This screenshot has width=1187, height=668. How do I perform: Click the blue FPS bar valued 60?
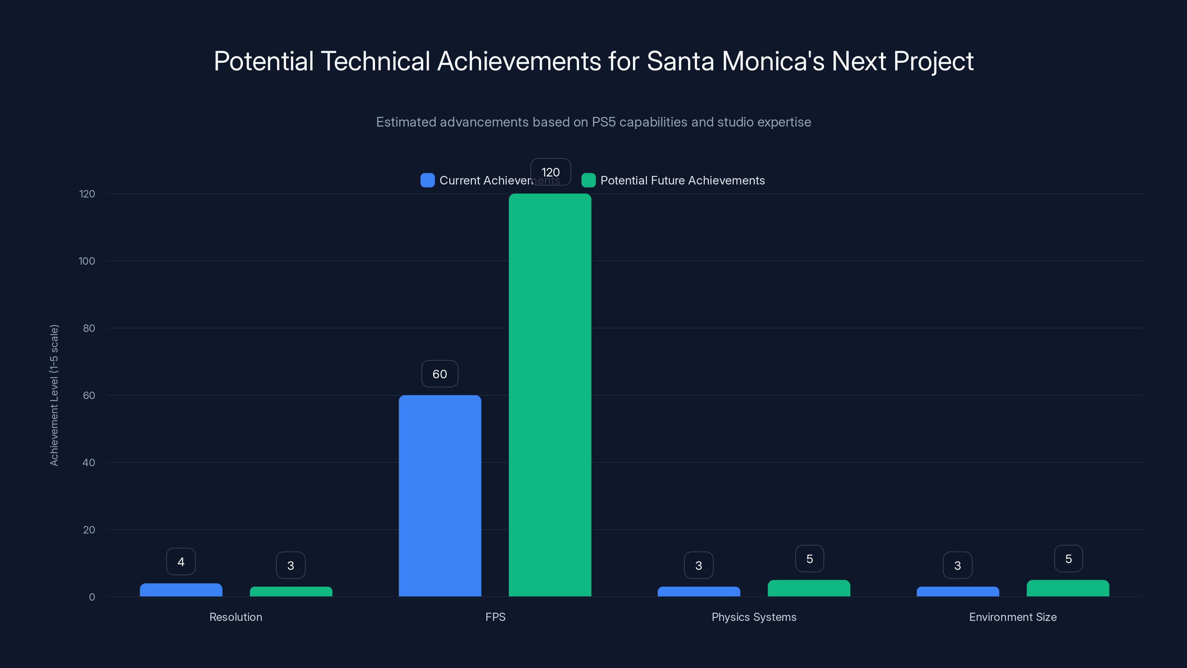(440, 495)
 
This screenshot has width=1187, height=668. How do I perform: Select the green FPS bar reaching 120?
(550, 395)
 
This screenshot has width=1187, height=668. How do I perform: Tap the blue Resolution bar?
(181, 590)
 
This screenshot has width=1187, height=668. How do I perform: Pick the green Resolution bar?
(291, 592)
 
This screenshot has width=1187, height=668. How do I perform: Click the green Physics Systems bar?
(809, 589)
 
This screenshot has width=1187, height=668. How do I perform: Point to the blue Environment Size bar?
(957, 592)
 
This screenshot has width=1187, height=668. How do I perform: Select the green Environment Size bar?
(1068, 589)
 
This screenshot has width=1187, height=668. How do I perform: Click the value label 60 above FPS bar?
(440, 374)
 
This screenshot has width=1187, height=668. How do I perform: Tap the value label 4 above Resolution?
(181, 561)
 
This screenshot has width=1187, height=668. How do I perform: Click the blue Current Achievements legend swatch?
(427, 180)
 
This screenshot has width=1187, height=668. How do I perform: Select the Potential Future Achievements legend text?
(683, 180)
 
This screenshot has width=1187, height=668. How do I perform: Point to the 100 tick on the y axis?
(87, 261)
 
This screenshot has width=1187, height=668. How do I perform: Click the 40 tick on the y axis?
(89, 462)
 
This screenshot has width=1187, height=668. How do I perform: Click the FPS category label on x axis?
(495, 617)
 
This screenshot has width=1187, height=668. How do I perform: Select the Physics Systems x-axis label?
(754, 617)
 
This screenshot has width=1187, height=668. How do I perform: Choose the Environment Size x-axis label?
(1012, 617)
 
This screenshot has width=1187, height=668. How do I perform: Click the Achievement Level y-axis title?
(54, 395)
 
